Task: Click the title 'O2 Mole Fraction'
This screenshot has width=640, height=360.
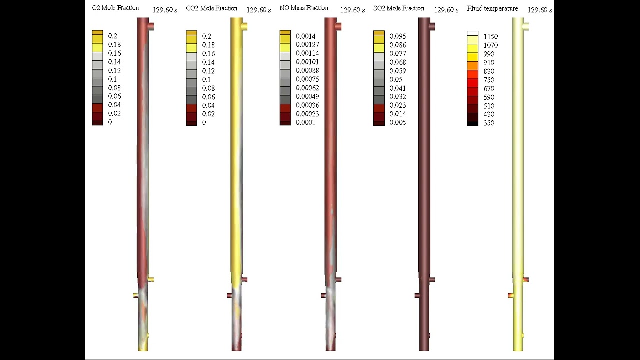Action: [115, 8]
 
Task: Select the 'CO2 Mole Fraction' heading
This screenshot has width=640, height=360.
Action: [211, 8]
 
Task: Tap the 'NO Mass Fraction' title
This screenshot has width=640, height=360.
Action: [304, 8]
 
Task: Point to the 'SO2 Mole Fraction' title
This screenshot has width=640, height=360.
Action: [399, 8]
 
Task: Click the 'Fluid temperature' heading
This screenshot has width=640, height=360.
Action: [492, 8]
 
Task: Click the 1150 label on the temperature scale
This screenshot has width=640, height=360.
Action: [491, 36]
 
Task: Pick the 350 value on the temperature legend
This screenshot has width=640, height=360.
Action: [489, 123]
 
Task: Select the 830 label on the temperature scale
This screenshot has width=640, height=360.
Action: [489, 71]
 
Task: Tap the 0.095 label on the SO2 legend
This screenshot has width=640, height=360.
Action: [397, 36]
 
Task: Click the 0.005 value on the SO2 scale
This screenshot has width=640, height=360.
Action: [397, 122]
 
